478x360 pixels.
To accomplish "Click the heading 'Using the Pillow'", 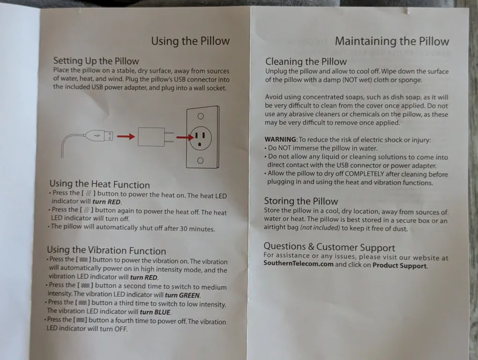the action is (x=190, y=41).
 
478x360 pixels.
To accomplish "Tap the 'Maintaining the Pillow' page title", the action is (x=392, y=41).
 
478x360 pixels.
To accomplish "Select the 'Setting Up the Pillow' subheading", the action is (x=96, y=61).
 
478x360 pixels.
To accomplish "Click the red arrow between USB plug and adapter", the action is (x=126, y=136).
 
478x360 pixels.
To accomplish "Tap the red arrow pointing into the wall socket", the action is (x=185, y=137).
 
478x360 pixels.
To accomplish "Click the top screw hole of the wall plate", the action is (x=201, y=116).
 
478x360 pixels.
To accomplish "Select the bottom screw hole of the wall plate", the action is (x=200, y=161).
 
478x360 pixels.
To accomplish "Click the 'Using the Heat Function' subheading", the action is (x=100, y=184).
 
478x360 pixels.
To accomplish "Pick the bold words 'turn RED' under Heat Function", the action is (x=107, y=202).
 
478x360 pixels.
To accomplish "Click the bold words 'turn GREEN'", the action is (x=182, y=295).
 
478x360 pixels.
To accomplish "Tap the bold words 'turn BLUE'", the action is (x=155, y=312).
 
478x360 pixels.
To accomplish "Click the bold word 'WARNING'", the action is (x=280, y=139).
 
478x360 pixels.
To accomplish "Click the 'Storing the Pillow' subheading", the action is (x=301, y=201).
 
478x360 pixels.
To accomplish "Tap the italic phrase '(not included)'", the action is (x=320, y=228).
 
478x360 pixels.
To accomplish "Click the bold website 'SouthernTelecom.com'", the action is (x=299, y=263).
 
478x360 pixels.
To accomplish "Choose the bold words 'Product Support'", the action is (x=400, y=265).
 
